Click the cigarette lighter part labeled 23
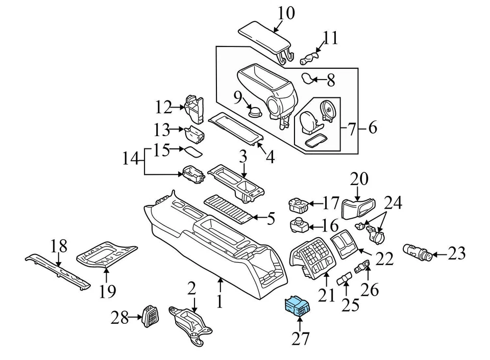[x=418, y=252]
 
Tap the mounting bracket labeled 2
[x=191, y=323]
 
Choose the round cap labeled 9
[x=254, y=111]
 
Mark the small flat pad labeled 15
[x=193, y=151]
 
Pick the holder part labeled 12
[x=193, y=106]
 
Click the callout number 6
[x=372, y=128]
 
